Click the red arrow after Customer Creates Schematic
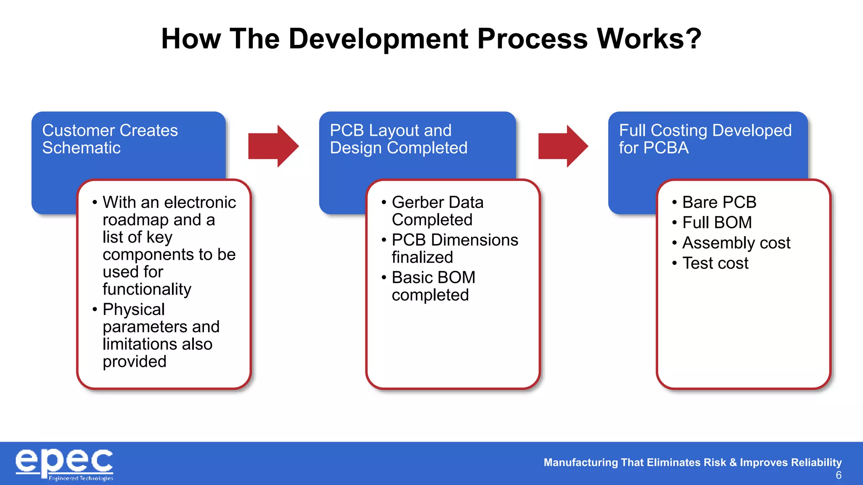273,146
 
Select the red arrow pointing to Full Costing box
563,146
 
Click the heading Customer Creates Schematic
110,139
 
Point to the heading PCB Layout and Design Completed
398,139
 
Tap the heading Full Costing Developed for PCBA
705,139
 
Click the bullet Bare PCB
719,203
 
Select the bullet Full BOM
717,223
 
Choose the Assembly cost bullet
736,243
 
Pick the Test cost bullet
715,263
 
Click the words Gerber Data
437,203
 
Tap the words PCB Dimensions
455,240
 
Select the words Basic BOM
433,277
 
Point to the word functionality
147,289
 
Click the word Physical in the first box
134,309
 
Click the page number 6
838,475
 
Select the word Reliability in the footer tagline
817,462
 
